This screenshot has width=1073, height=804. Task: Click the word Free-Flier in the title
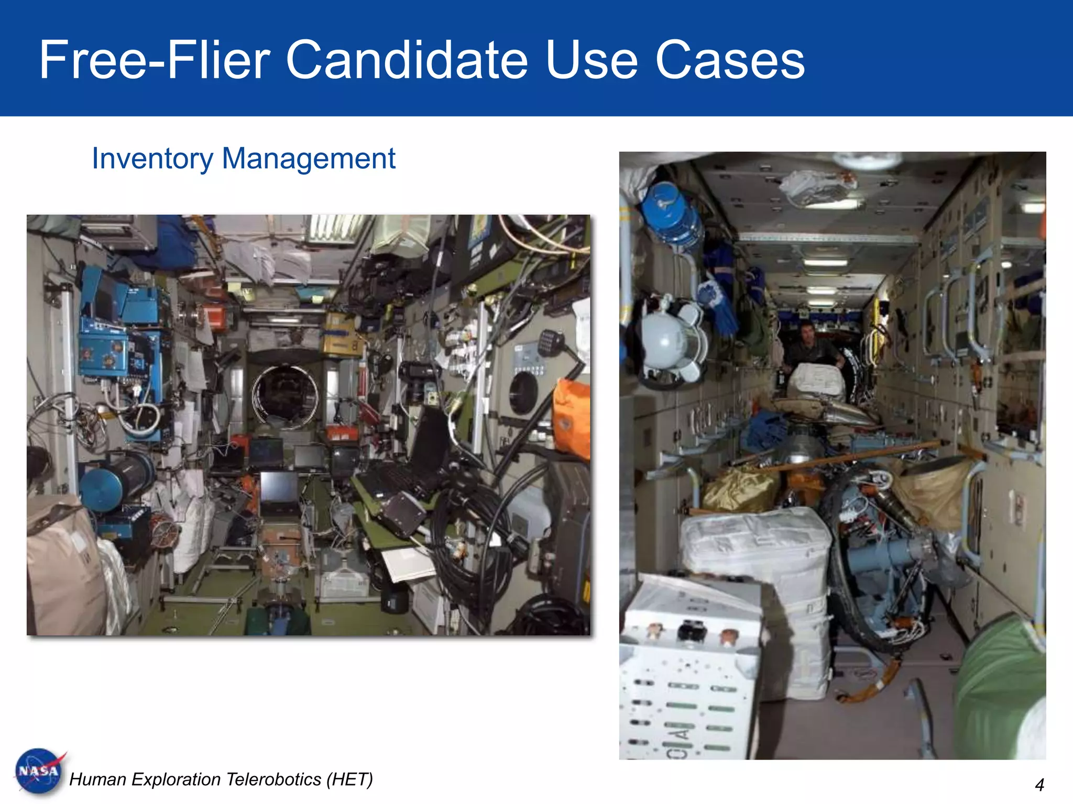(155, 60)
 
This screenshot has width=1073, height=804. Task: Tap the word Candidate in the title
(407, 60)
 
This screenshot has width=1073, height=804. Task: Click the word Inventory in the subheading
(152, 159)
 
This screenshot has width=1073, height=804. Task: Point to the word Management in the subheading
(309, 159)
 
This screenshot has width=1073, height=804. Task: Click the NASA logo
(39, 771)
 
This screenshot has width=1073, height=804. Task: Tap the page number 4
(1039, 785)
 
